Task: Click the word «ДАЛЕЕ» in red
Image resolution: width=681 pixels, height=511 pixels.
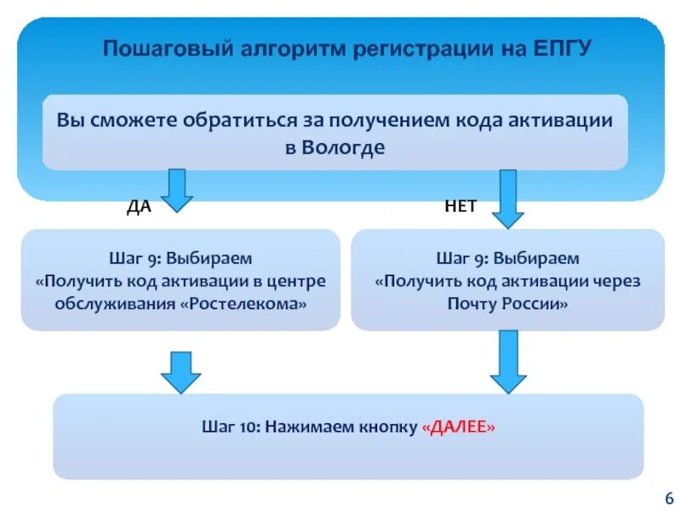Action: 458,427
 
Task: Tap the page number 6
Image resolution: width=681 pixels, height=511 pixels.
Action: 668,497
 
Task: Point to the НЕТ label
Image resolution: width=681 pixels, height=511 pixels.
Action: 460,207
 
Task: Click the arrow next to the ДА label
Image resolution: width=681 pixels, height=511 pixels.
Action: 177,189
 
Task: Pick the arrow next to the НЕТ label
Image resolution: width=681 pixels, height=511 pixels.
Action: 507,198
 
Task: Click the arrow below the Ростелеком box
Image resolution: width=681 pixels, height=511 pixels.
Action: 180,370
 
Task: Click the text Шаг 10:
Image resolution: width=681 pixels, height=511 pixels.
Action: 231,427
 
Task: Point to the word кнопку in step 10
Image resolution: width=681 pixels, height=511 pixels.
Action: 383,427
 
